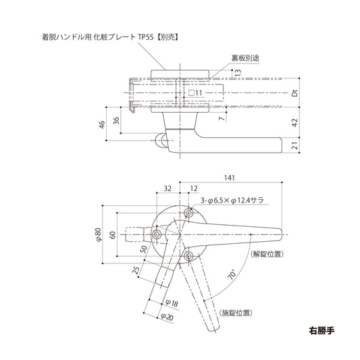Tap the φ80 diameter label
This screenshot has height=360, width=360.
pos(99,234)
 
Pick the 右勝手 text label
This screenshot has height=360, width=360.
pos(321,332)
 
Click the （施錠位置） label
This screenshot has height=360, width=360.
pos(236,313)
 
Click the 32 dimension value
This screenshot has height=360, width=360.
pos(167,190)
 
